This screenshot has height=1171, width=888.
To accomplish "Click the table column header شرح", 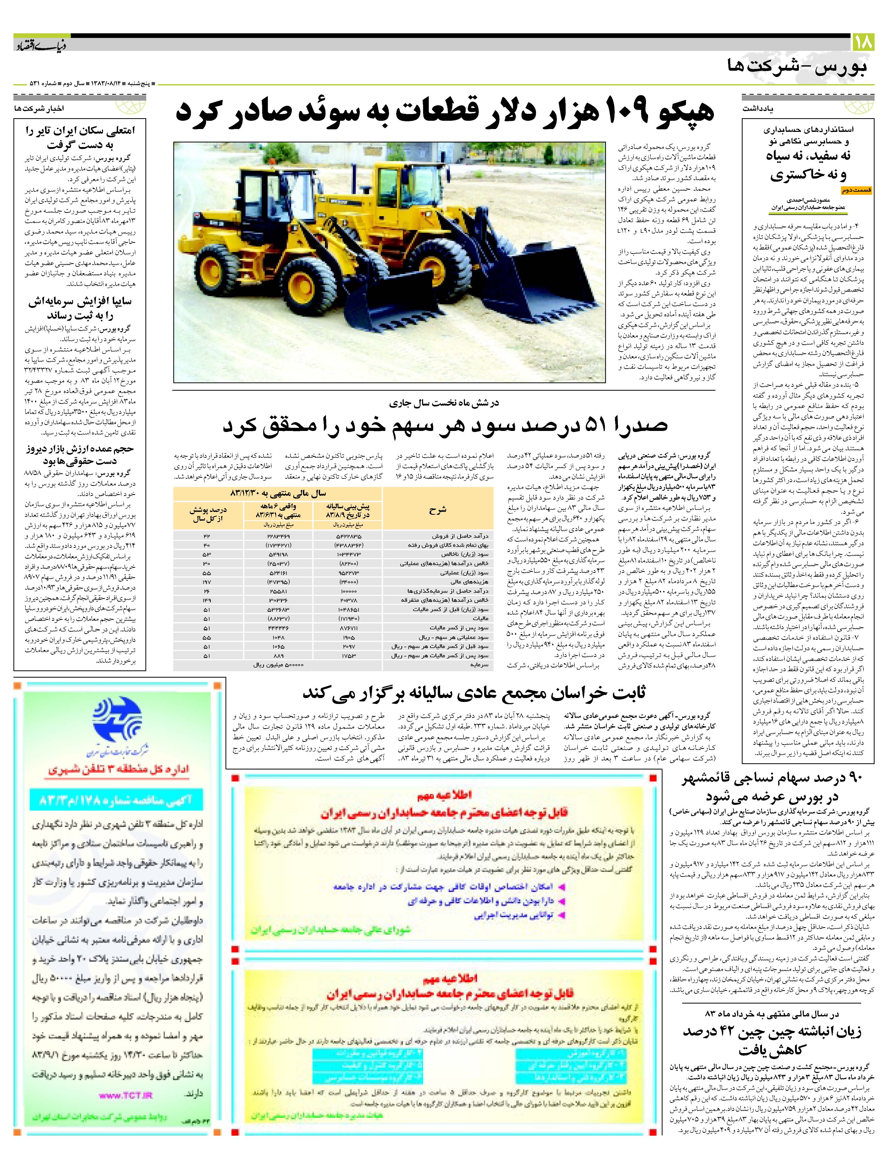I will pyautogui.click(x=438, y=510).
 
